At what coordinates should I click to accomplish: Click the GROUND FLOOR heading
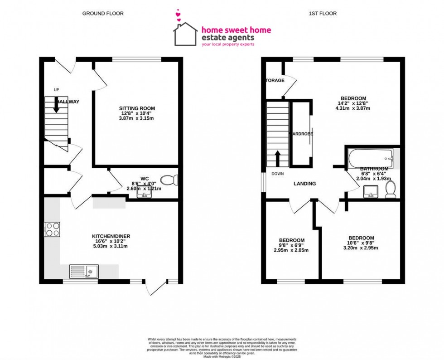103,14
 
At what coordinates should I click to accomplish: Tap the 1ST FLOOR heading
323,14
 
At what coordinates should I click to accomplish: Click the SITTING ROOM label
137,108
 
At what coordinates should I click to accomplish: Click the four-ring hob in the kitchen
52,229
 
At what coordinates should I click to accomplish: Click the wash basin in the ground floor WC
144,194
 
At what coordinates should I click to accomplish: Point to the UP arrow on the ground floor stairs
56,105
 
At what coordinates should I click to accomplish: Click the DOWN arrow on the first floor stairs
277,159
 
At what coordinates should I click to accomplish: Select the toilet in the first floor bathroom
390,189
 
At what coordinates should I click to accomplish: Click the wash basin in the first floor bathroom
371,193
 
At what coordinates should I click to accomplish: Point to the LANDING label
304,184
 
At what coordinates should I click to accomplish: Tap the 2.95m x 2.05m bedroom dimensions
291,250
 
